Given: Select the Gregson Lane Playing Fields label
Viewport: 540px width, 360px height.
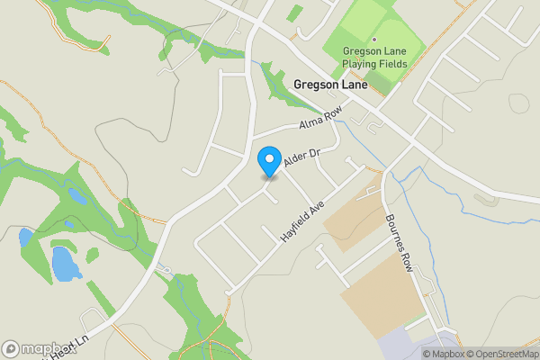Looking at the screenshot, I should pos(375,58).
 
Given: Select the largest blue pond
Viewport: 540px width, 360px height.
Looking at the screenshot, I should pos(65,263).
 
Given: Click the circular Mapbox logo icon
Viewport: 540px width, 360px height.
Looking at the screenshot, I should pos(12,348).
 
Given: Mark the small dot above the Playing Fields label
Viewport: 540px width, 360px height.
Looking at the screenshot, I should pos(375,39).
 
